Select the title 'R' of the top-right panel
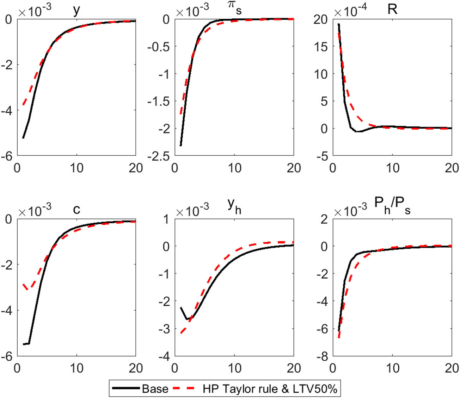pos(392,9)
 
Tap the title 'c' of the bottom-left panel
pos(76,209)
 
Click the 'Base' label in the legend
pos(155,388)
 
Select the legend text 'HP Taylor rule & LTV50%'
pos(270,388)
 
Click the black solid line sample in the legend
pos(126,388)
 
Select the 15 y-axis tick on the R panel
pos(320,46)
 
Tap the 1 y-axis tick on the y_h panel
pos(166,219)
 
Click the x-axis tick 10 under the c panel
pos(76,368)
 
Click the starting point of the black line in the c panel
pos(23,344)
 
